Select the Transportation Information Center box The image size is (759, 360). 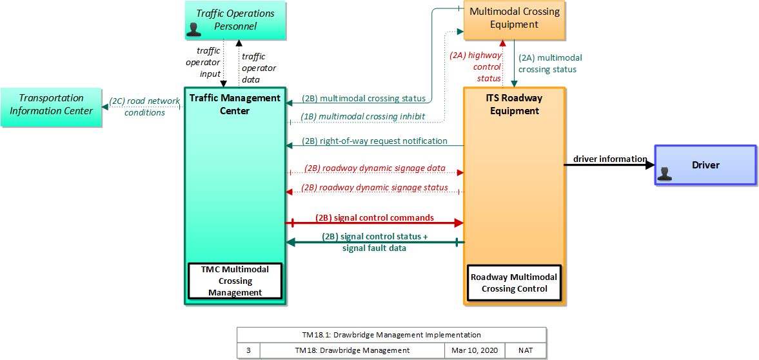click(52, 107)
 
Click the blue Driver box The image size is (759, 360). click(705, 165)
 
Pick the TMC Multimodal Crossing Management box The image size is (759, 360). click(235, 281)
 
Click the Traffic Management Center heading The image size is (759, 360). click(235, 104)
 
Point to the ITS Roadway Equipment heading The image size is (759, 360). click(514, 104)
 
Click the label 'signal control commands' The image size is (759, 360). click(375, 217)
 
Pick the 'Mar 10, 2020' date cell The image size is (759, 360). click(475, 350)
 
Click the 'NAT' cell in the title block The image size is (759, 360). click(525, 350)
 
